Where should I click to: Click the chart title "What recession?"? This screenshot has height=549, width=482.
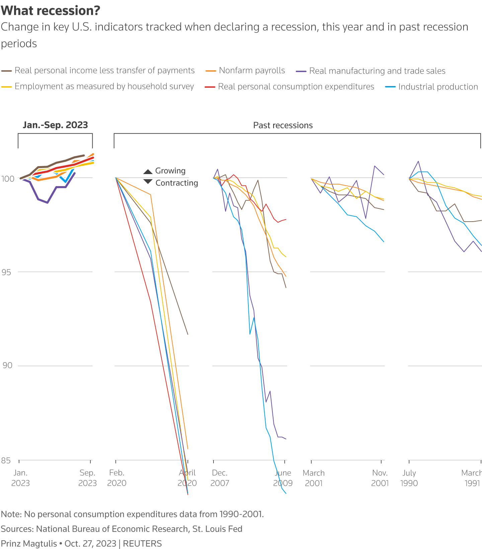point(51,11)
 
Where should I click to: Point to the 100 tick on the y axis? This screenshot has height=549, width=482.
point(8,178)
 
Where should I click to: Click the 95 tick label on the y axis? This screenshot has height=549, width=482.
point(6,272)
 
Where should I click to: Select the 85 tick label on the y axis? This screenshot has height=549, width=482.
point(6,461)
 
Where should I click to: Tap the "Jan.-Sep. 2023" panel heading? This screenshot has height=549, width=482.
point(55,125)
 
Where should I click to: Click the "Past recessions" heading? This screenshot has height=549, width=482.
point(283,126)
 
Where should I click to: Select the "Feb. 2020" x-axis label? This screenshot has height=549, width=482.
point(116,478)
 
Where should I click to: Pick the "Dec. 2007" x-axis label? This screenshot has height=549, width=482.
point(220,478)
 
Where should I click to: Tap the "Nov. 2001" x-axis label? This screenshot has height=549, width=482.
point(380,478)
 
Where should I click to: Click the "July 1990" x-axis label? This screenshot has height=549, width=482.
point(409,478)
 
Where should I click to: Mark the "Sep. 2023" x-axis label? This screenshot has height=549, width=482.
point(87,478)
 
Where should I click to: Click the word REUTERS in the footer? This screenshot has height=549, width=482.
point(142,543)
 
